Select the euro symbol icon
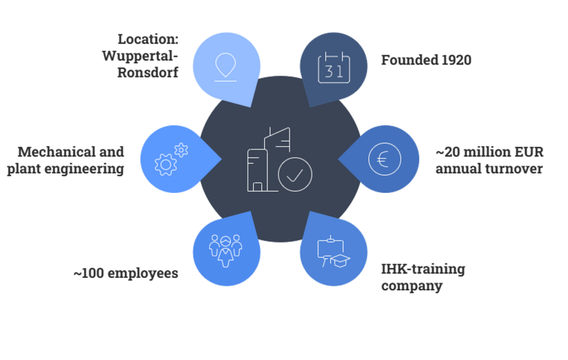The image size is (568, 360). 385,159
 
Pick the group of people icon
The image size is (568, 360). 226,251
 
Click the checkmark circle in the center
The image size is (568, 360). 295,174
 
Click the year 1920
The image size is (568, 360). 456,60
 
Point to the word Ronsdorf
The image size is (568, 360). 148,72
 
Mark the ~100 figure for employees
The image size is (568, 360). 89,273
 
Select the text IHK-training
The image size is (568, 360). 423,269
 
